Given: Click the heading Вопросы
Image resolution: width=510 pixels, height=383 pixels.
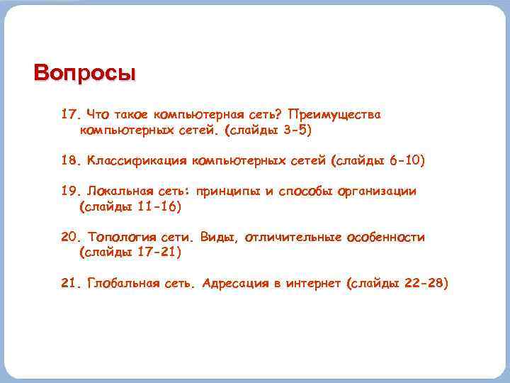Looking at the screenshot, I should (84, 73).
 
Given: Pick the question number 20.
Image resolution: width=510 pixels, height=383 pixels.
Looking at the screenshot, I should (72, 238).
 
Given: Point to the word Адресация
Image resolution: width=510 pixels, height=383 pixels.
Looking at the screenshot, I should (234, 284).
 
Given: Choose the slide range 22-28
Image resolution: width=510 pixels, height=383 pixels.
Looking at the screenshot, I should (423, 284).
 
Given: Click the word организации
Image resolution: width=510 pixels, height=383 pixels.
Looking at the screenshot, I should (378, 191).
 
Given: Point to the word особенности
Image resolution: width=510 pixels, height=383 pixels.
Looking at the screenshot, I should (386, 238).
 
